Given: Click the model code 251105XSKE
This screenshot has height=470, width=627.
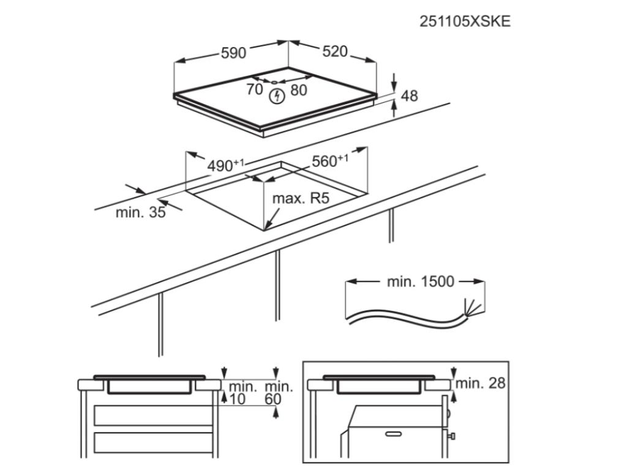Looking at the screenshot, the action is (x=465, y=21).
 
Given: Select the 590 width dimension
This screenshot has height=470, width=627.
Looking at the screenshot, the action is (x=233, y=53).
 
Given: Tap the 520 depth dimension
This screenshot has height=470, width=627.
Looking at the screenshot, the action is (x=335, y=51).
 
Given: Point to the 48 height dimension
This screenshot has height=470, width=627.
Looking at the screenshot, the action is (x=409, y=96).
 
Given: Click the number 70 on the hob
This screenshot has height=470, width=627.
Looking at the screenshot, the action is (x=254, y=89).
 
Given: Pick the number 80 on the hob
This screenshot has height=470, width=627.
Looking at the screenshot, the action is (x=299, y=91).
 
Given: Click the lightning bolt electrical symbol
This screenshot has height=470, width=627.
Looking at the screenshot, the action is (x=277, y=96).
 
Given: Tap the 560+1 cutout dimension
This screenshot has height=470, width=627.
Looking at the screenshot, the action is (x=330, y=161).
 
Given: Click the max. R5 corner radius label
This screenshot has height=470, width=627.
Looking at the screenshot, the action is (x=301, y=198).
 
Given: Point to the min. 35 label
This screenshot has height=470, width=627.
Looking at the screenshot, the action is (x=140, y=212).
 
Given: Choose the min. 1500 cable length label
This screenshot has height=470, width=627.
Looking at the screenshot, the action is (x=420, y=282).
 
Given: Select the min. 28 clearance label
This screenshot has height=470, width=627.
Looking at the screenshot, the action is (x=480, y=383).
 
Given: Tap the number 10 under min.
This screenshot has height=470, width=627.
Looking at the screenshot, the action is (x=238, y=399).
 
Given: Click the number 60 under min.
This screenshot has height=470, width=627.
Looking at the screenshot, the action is (x=273, y=399).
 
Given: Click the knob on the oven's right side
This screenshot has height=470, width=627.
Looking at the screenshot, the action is (x=452, y=436).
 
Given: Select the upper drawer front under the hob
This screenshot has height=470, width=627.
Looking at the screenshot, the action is (x=153, y=416).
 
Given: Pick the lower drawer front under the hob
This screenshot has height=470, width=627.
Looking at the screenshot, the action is (x=153, y=443).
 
